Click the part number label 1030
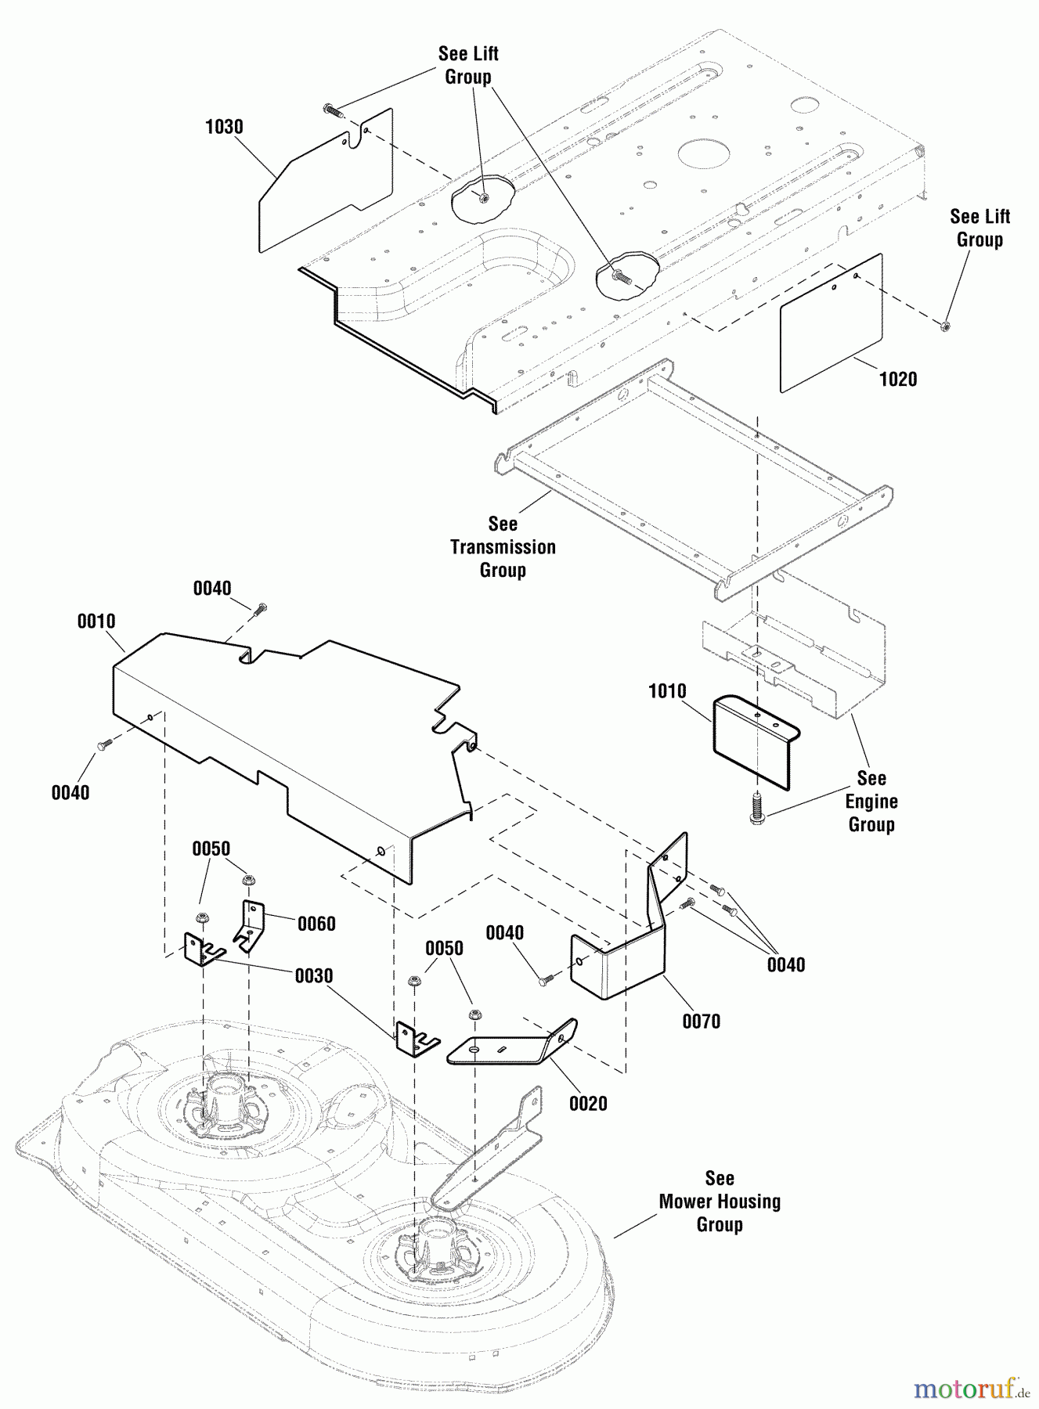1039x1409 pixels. (224, 127)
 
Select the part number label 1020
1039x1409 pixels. (897, 380)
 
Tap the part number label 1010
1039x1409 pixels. (667, 691)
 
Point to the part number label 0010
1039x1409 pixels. (96, 622)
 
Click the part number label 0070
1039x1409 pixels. (701, 1022)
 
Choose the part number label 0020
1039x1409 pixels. (588, 1104)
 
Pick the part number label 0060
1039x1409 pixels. (316, 924)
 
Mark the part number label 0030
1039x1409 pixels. (313, 976)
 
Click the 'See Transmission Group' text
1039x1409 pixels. (503, 546)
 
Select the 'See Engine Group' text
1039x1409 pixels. (871, 801)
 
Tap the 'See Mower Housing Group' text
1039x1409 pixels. (720, 1201)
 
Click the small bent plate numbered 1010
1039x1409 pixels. (752, 744)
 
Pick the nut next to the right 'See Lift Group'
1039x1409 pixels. (945, 325)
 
